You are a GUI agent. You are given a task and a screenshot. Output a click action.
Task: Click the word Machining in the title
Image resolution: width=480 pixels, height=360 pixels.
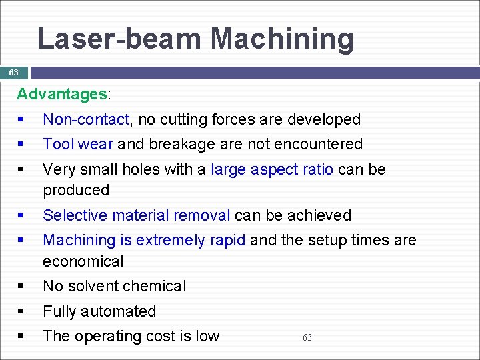(x=283, y=39)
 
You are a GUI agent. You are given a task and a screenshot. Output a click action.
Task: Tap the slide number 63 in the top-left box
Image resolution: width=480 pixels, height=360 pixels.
(x=13, y=72)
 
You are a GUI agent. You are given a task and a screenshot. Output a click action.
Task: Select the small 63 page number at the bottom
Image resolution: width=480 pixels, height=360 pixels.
(x=307, y=338)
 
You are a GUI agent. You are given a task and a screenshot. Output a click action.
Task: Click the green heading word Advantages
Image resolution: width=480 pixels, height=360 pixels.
(x=61, y=94)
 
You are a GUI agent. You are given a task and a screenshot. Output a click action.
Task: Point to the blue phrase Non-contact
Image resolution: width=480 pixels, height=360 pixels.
(x=86, y=119)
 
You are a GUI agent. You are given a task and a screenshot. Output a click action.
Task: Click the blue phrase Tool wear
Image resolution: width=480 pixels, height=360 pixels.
(x=78, y=144)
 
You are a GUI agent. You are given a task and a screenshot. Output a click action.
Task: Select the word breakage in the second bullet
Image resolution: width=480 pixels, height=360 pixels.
(x=181, y=144)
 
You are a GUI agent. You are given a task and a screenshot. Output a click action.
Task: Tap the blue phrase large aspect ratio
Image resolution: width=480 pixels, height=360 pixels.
(x=272, y=169)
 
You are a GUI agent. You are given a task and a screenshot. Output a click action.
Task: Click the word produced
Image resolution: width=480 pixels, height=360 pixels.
(x=76, y=191)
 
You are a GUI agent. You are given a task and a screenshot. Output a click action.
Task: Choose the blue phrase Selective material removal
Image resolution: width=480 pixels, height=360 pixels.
(x=137, y=215)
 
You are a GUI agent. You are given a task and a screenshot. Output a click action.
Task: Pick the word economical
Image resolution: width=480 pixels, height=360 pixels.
(x=83, y=261)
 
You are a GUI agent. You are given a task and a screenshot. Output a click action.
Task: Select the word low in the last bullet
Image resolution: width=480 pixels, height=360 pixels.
(x=207, y=336)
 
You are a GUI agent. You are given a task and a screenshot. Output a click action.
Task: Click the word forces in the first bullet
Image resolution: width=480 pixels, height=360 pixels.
(x=234, y=119)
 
